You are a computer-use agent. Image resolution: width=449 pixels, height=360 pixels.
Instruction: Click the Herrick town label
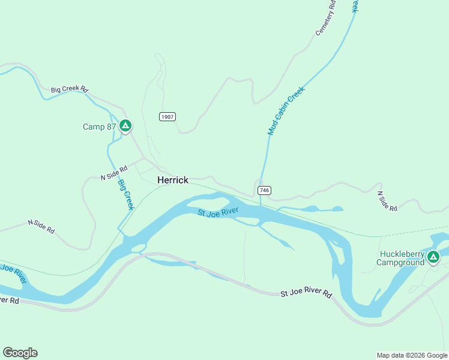click(x=173, y=180)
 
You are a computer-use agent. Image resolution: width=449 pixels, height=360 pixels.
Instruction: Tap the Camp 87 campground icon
click(x=125, y=126)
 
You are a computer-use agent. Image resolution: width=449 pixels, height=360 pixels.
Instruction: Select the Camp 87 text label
click(x=99, y=127)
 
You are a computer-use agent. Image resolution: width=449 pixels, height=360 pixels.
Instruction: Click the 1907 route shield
click(x=167, y=116)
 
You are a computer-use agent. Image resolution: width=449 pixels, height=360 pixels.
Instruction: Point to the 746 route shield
click(x=265, y=190)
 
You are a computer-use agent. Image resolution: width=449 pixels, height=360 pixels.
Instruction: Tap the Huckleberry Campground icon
click(x=433, y=257)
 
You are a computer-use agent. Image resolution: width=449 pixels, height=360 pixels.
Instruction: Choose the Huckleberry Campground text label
click(x=400, y=258)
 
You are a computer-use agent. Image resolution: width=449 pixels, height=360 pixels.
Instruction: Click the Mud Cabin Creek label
click(x=286, y=110)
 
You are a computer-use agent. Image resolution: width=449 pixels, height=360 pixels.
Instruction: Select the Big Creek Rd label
click(x=70, y=89)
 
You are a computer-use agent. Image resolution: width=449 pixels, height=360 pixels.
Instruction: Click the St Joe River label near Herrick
click(x=218, y=212)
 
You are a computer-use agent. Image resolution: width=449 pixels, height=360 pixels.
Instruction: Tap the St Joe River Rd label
click(x=306, y=294)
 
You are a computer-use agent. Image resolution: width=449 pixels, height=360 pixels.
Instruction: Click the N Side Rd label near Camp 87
click(x=114, y=173)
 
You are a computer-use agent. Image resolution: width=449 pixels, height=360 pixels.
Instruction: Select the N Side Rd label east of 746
click(x=387, y=201)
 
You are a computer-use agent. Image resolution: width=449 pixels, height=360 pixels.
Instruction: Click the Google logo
click(x=20, y=353)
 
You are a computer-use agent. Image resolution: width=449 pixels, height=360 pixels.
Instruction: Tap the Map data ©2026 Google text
click(x=412, y=355)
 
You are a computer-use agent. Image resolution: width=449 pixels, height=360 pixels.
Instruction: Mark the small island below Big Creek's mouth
click(x=138, y=247)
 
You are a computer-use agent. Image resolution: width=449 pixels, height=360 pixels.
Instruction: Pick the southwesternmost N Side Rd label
click(x=41, y=226)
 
